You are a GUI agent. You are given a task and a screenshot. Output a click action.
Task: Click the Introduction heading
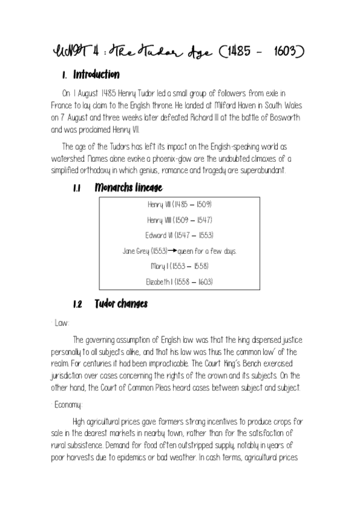click(x=96, y=76)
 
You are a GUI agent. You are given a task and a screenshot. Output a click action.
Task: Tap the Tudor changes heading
click(x=121, y=304)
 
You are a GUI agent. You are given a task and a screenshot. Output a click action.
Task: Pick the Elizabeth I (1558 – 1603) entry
click(x=180, y=281)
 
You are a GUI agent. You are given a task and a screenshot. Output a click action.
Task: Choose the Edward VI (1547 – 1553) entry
click(x=180, y=235)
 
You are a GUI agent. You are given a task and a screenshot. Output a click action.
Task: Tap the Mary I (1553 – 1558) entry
click(x=180, y=266)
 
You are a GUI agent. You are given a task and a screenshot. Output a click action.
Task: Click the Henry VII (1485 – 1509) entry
click(x=180, y=204)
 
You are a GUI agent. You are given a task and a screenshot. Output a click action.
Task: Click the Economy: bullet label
click(x=68, y=405)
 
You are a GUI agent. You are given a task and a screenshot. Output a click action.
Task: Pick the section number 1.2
click(x=77, y=304)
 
